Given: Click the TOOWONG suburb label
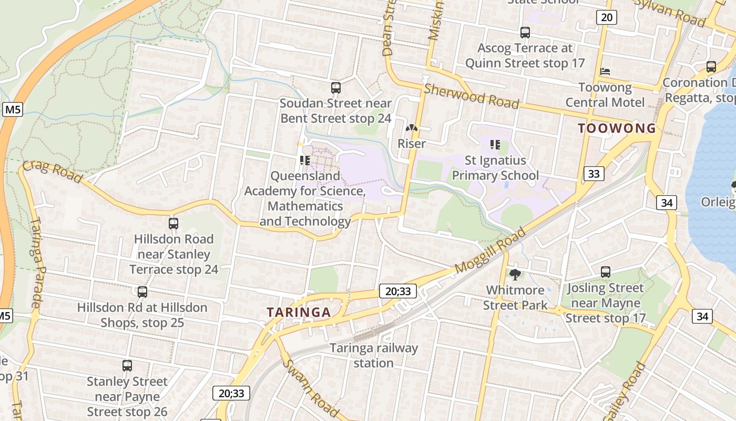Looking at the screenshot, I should (617, 128).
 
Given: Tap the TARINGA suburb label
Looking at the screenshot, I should (299, 313).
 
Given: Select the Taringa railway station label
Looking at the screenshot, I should (374, 355).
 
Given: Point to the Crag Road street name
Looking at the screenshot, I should (53, 172).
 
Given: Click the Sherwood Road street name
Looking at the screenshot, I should (472, 96).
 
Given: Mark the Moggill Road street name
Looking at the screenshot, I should (490, 250).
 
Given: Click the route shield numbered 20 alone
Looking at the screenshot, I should (607, 17).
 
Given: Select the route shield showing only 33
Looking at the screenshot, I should (594, 174).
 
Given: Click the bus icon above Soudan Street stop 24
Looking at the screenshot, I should (336, 88).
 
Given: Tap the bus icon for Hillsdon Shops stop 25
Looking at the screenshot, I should (142, 292).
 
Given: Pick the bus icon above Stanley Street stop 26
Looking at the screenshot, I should (127, 366).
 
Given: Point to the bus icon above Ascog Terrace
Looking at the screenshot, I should (525, 33).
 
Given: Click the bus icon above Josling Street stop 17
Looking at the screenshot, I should (606, 272).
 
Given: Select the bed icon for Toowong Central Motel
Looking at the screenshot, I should (605, 71).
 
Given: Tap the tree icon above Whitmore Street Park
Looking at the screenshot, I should (515, 274).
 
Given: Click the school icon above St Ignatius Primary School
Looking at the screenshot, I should (495, 144).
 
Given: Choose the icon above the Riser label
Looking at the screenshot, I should (412, 128).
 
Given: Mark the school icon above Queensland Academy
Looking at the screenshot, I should (304, 160).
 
